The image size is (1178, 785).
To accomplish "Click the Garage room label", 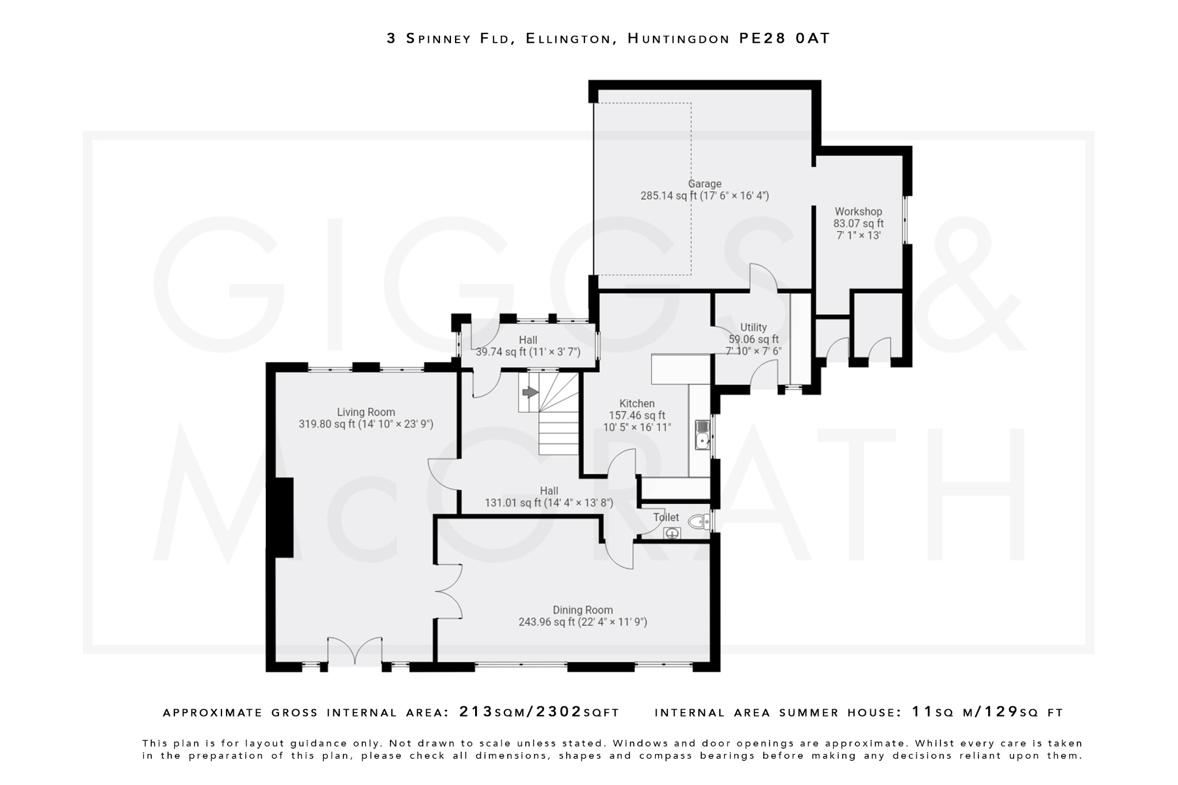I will [705, 184].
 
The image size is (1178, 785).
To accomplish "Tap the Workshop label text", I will [858, 212].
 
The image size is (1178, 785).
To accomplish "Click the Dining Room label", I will [583, 610].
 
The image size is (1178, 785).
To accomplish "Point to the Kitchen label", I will [637, 404].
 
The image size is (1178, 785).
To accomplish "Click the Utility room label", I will [754, 327].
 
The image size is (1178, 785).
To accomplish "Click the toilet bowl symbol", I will [699, 522].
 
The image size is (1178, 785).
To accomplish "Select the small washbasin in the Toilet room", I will [672, 534].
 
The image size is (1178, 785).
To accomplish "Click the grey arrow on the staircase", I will [530, 392].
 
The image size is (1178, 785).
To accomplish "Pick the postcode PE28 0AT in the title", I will [785, 39].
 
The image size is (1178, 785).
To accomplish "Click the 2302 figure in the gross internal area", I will [559, 712].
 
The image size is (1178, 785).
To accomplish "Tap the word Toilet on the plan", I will [666, 518].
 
